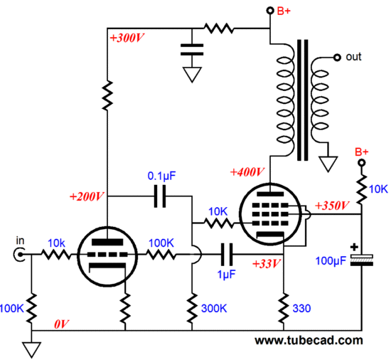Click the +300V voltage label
coord(127,38)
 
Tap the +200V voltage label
coord(87,197)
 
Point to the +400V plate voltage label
coord(247,172)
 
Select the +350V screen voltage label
coord(332,206)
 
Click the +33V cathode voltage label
coord(267,264)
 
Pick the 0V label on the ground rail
coord(61,324)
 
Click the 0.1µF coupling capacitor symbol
coord(160,196)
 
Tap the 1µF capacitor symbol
coord(227,255)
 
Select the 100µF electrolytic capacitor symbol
coord(362,260)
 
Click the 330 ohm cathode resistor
coord(284,309)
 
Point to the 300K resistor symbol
coord(192,309)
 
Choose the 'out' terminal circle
coord(337,58)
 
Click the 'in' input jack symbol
coord(19,255)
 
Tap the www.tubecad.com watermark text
coord(309,341)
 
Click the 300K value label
coord(214,309)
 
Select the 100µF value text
coord(331,261)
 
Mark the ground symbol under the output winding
coord(328,164)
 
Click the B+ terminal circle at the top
coord(270,11)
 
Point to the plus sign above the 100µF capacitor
coord(354,247)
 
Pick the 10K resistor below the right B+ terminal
coord(362,190)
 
